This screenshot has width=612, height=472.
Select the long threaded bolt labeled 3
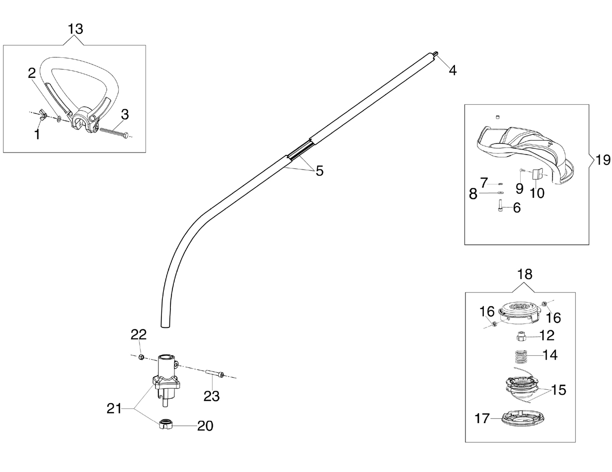[x=114, y=133]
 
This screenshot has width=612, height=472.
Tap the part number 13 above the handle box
[x=75, y=29]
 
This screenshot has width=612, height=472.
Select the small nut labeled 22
[x=142, y=357]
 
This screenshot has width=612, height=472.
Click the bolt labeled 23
[x=215, y=374]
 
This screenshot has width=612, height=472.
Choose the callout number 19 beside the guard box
[x=603, y=160]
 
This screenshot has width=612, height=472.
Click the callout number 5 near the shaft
[x=319, y=171]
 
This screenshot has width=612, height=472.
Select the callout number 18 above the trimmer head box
[x=525, y=274]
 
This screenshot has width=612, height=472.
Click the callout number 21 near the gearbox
[x=114, y=408]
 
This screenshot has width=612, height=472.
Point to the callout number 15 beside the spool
[x=558, y=390]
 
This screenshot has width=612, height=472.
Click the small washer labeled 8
[x=500, y=193]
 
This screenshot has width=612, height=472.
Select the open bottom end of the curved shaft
[x=165, y=326]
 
